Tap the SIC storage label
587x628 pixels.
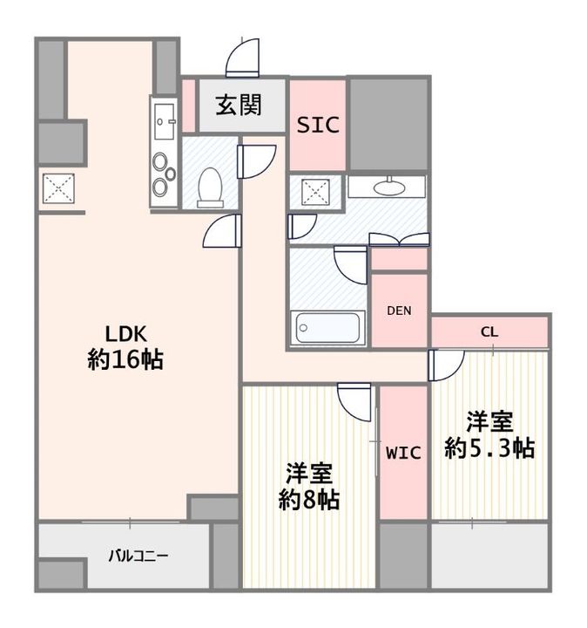[x=318, y=125]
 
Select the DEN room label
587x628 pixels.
[x=400, y=311]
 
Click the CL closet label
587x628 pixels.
[x=489, y=332]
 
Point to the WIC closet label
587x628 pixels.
[x=403, y=453]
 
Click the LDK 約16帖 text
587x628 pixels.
[x=126, y=347]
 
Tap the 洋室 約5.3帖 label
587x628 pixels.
[x=489, y=434]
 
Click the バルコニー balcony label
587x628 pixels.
[x=139, y=555]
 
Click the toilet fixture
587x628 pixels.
[x=210, y=186]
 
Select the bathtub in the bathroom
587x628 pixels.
[x=328, y=329]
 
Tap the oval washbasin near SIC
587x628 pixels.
[x=387, y=187]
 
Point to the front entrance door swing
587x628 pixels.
[x=243, y=59]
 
